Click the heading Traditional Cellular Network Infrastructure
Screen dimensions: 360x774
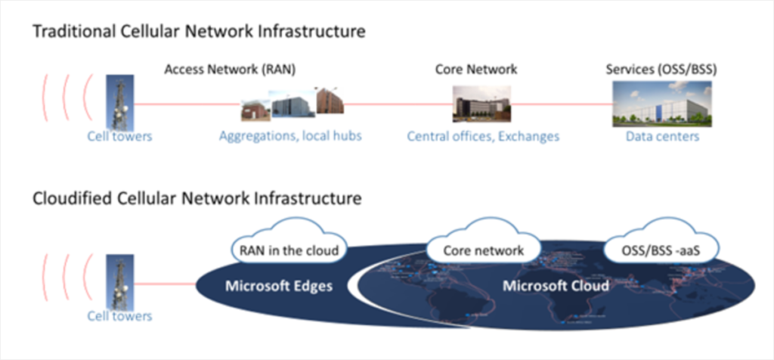[x=198, y=33]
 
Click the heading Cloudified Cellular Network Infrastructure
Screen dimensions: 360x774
[x=197, y=199]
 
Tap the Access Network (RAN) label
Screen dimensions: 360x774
[x=230, y=70]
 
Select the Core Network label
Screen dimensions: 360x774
[x=476, y=70]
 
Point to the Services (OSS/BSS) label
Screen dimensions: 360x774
[x=661, y=70]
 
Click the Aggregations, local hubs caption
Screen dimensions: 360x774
[x=290, y=137]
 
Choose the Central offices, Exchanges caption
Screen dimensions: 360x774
[x=483, y=137]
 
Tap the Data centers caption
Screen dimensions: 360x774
[x=662, y=137]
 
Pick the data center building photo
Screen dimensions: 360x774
[x=661, y=104]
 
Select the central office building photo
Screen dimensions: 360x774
[x=481, y=104]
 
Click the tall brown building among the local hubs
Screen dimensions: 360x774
[x=330, y=101]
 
